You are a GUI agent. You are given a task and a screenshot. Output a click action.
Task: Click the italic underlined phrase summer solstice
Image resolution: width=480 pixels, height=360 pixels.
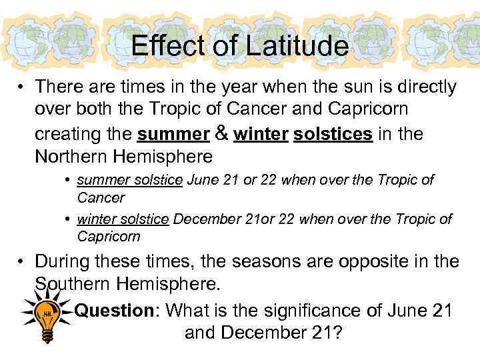tap(129, 180)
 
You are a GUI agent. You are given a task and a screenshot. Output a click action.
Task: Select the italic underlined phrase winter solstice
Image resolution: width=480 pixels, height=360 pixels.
tap(123, 219)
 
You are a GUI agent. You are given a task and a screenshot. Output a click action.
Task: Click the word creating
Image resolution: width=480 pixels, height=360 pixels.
tap(73, 134)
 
